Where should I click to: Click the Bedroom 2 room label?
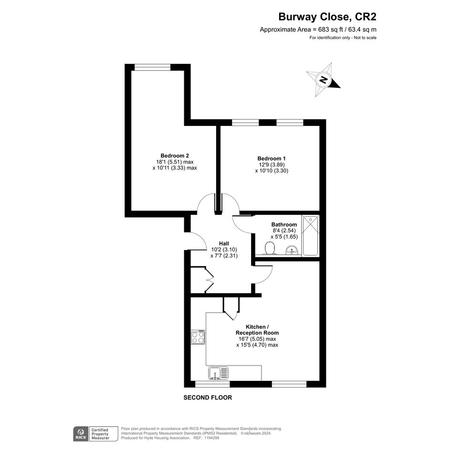(x=175, y=156)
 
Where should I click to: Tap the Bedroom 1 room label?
(x=272, y=158)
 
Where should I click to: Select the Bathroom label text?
(x=284, y=224)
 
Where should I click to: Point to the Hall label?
(x=224, y=243)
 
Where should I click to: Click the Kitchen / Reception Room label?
(x=257, y=330)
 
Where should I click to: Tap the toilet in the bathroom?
(x=270, y=248)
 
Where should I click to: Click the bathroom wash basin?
(x=293, y=250)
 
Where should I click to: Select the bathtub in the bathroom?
(x=310, y=235)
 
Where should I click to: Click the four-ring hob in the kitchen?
(x=198, y=337)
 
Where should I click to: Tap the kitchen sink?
(x=218, y=373)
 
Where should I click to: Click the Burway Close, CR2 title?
(x=327, y=17)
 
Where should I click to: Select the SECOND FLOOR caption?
(x=208, y=398)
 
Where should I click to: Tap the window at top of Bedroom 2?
(x=152, y=67)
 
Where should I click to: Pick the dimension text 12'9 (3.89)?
(x=272, y=165)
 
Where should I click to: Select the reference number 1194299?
(x=211, y=438)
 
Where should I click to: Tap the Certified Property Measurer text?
(x=100, y=434)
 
